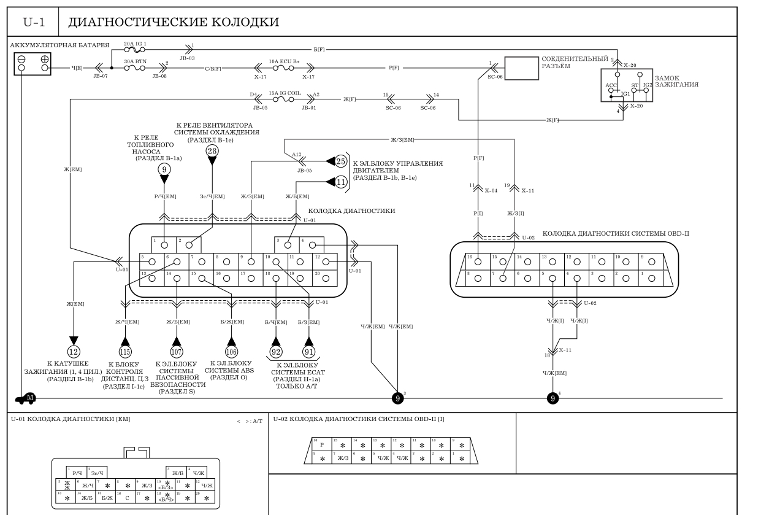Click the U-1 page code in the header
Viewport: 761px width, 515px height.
pyautogui.click(x=31, y=23)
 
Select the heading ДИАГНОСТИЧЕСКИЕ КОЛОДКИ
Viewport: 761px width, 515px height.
pyautogui.click(x=173, y=23)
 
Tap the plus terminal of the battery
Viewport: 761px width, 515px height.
pyautogui.click(x=44, y=60)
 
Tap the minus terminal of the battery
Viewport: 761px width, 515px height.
pyautogui.click(x=22, y=60)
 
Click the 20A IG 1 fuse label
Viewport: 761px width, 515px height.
pyautogui.click(x=135, y=44)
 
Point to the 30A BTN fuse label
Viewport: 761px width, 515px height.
pyautogui.click(x=135, y=61)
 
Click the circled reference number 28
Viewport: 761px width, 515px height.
pyautogui.click(x=212, y=150)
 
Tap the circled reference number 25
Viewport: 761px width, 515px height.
pyautogui.click(x=341, y=161)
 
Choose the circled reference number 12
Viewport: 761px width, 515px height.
pyautogui.click(x=74, y=352)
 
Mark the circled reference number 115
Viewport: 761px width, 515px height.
pyautogui.click(x=126, y=352)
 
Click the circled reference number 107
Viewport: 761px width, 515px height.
pyautogui.click(x=177, y=352)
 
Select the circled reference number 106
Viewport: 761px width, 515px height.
pyautogui.click(x=232, y=352)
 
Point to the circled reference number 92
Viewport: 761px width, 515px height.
pyautogui.click(x=277, y=352)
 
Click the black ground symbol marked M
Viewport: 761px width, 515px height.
pyautogui.click(x=27, y=398)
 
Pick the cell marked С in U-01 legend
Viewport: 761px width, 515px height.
pyautogui.click(x=126, y=496)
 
